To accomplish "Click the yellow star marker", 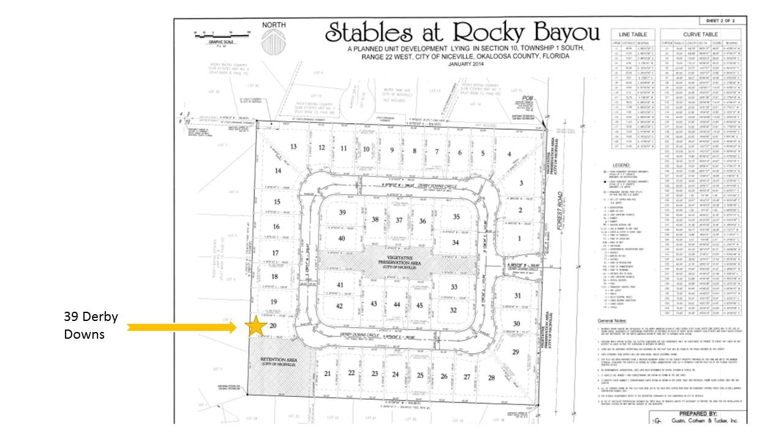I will tap(257, 326).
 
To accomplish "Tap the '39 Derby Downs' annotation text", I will tap(91, 325).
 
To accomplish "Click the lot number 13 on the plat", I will tap(293, 146).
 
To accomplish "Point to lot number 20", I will tap(273, 325).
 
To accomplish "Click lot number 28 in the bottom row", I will tap(491, 378).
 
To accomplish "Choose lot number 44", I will tap(397, 305).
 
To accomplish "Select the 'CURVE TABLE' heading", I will tap(701, 34).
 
